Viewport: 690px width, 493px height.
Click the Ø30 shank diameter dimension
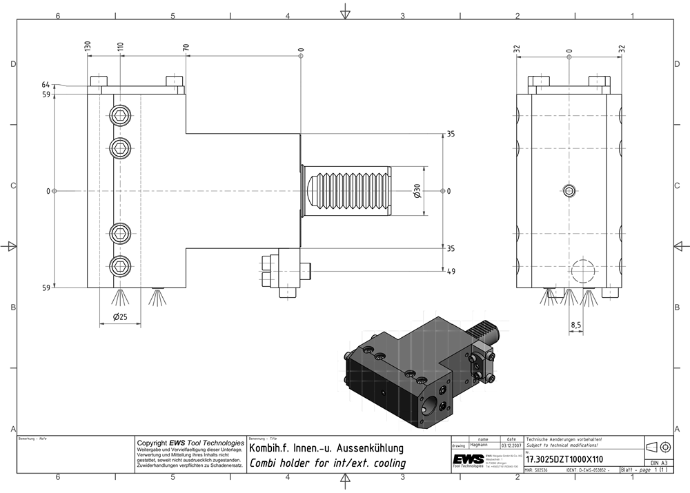(x=417, y=191)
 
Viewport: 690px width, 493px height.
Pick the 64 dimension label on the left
(x=46, y=85)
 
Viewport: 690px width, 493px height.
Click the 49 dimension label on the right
(x=451, y=272)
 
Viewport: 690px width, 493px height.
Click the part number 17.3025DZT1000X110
(x=564, y=459)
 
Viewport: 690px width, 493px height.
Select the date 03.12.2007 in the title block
(x=511, y=445)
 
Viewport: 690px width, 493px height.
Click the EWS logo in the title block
(x=468, y=459)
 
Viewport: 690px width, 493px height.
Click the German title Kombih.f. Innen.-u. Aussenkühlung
(x=326, y=448)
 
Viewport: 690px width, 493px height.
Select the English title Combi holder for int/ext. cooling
(x=327, y=463)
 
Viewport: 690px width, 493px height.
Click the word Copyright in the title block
(x=152, y=443)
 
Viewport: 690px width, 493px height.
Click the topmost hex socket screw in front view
(x=121, y=115)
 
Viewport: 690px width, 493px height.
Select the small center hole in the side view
(x=569, y=191)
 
